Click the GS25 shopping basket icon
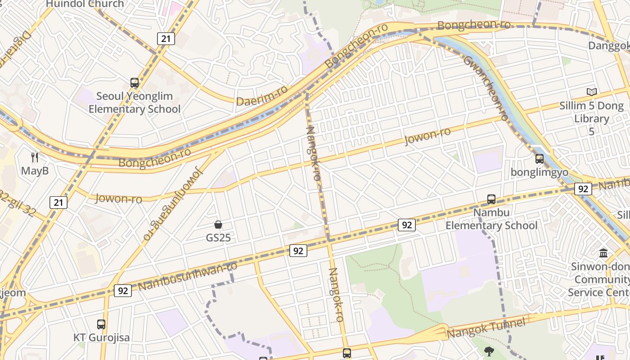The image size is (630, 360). (x=218, y=225)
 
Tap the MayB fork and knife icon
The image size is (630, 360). (x=35, y=157)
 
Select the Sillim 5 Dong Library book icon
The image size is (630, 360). (x=591, y=92)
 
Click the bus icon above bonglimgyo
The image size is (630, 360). (x=539, y=158)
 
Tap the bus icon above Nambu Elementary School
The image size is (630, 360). (x=491, y=199)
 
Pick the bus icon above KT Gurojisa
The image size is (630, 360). (x=101, y=324)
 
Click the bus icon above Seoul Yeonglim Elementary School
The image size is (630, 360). (x=135, y=83)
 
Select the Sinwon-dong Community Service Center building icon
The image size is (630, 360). (x=603, y=253)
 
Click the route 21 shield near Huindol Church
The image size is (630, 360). (x=166, y=39)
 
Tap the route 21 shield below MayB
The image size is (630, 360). (x=58, y=202)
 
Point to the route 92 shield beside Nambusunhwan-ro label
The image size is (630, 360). (x=122, y=290)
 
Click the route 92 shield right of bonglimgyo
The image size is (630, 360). (x=583, y=189)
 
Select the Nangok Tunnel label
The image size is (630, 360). (x=486, y=328)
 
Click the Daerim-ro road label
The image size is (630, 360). (x=261, y=96)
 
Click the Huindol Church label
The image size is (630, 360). (x=85, y=4)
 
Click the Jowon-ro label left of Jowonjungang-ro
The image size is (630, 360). (x=118, y=198)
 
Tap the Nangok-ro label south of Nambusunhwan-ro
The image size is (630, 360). (x=337, y=295)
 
